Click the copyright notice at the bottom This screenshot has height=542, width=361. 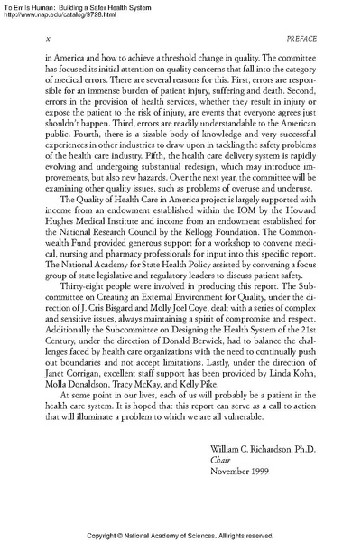pos(180,535)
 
